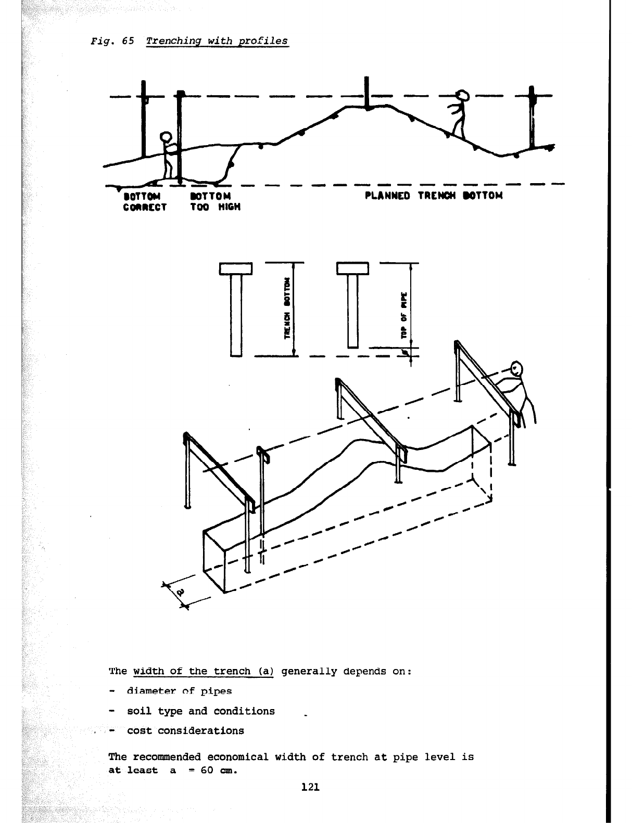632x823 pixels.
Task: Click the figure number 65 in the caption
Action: (128, 41)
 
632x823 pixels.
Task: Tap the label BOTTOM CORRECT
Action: (144, 201)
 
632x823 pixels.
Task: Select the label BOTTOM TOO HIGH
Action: (215, 201)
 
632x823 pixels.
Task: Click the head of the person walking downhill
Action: (462, 96)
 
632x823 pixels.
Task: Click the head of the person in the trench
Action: (166, 138)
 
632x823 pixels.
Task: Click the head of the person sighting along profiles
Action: (516, 369)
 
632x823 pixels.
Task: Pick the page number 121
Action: (310, 787)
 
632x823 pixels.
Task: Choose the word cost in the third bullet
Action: (139, 731)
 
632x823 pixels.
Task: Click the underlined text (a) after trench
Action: (264, 671)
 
